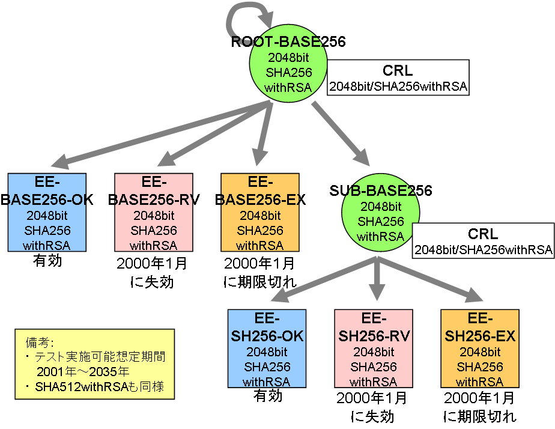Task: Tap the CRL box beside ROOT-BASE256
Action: click(398, 78)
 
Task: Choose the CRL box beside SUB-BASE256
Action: click(483, 241)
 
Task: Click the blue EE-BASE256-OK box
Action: click(47, 213)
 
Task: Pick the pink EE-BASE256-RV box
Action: click(154, 213)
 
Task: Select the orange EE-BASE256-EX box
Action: click(260, 213)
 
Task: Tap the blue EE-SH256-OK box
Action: click(267, 349)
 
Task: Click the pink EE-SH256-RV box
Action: click(374, 349)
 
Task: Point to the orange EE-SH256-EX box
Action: click(479, 349)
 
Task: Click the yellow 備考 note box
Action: click(94, 364)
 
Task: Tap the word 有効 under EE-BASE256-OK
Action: click(47, 261)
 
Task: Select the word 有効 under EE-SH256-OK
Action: click(267, 396)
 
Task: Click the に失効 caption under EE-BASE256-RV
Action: click(154, 281)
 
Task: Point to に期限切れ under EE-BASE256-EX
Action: click(259, 281)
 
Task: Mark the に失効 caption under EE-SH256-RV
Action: click(373, 416)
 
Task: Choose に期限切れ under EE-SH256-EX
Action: click(479, 416)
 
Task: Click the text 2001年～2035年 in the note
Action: click(83, 371)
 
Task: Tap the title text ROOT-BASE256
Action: click(288, 41)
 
